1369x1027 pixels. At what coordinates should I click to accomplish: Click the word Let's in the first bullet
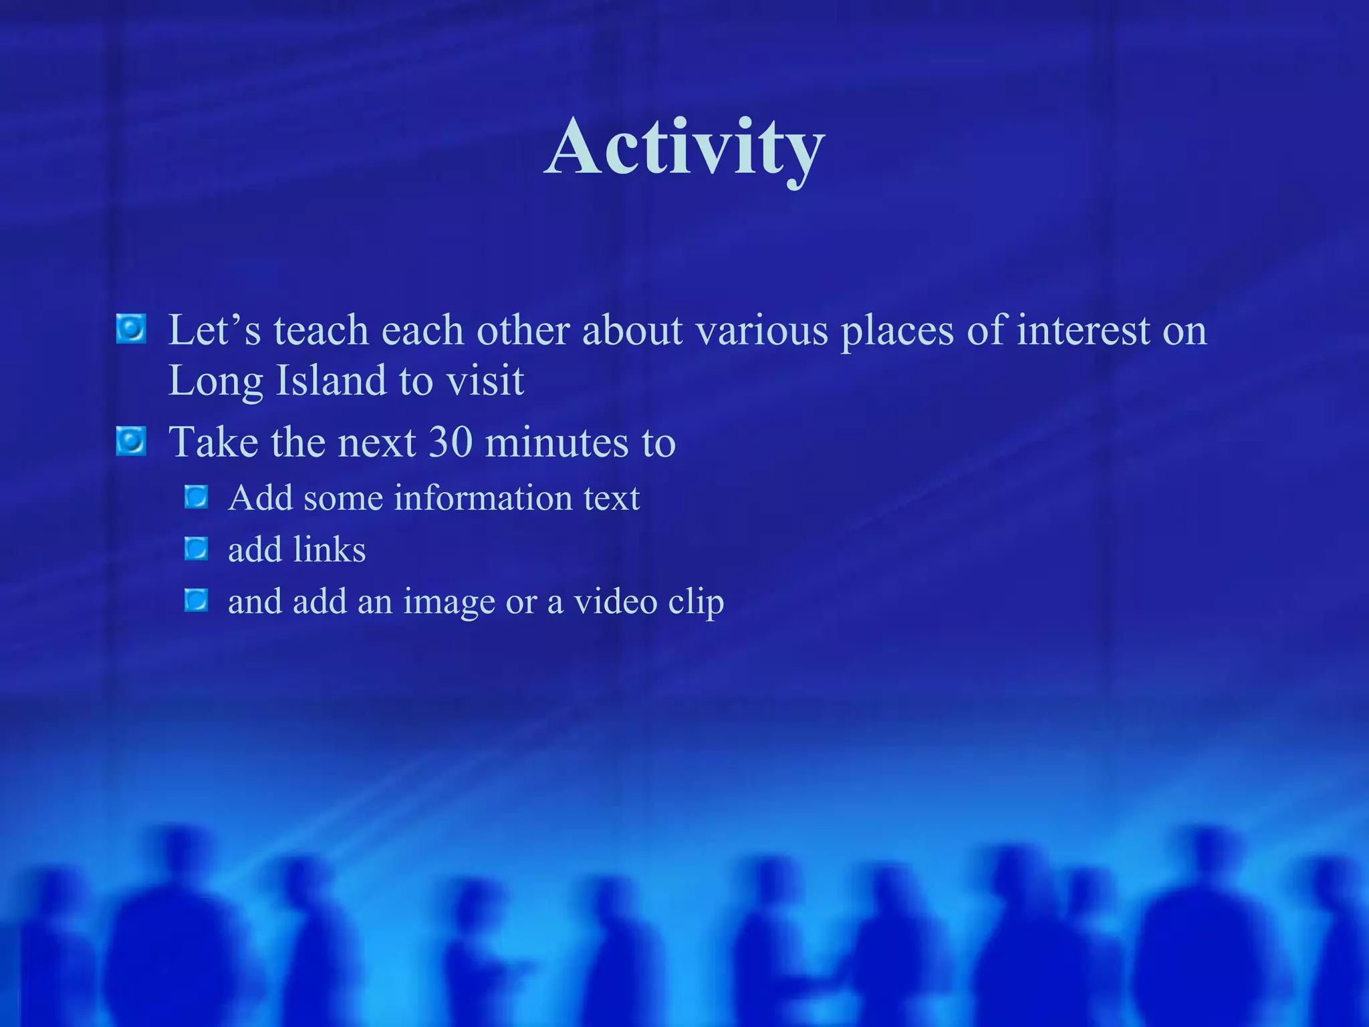[214, 330]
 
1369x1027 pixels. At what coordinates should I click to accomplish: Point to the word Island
[331, 380]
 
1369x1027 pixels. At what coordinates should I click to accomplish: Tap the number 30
[451, 442]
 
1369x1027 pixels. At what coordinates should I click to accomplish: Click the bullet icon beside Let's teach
[131, 329]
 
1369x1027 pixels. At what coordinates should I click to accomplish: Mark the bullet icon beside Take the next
[131, 441]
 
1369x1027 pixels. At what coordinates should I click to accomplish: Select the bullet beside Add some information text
[197, 497]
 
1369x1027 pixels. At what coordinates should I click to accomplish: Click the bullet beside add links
[197, 549]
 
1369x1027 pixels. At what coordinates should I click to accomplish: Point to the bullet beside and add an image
[197, 600]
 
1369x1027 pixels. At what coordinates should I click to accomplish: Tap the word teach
[321, 330]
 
